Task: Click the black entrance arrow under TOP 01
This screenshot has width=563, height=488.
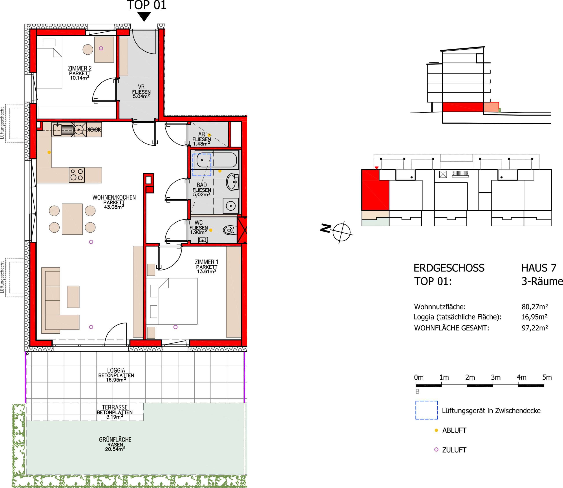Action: tap(144, 16)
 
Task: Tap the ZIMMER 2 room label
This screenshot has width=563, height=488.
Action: tap(80, 68)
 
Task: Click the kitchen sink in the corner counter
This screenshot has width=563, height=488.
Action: tap(57, 129)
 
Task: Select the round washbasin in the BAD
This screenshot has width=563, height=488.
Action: tap(232, 182)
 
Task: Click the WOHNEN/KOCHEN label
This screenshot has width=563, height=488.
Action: tap(114, 197)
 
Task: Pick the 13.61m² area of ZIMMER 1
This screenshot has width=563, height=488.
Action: tap(207, 271)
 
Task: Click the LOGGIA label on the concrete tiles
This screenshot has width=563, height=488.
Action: tap(116, 370)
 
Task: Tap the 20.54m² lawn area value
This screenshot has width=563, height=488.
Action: tap(115, 449)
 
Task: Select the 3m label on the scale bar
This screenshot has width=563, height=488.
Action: tap(495, 377)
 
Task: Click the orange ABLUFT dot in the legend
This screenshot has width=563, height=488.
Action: tap(436, 430)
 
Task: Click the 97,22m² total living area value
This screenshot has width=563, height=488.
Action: tap(535, 328)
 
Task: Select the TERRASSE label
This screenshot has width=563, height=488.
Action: tap(115, 407)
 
